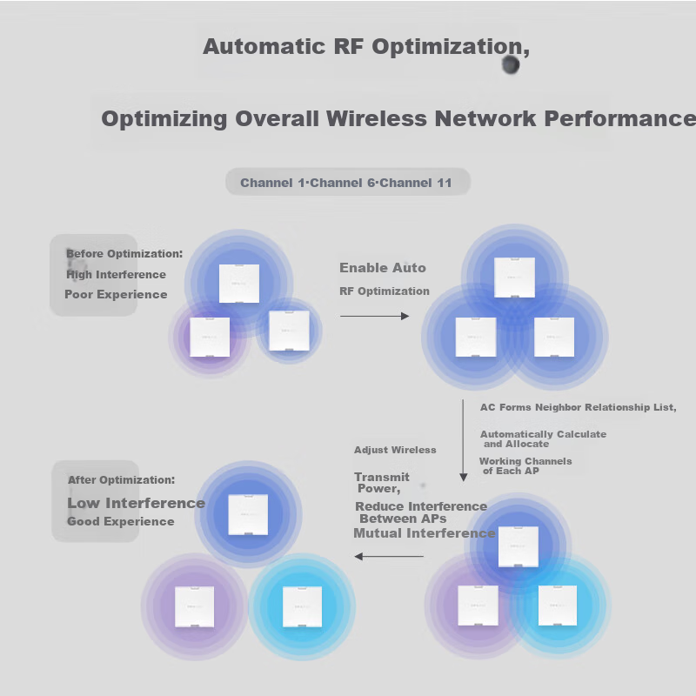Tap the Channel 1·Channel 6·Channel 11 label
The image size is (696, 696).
tap(346, 183)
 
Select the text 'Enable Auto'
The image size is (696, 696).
tap(383, 268)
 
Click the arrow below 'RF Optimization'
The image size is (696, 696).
tap(374, 316)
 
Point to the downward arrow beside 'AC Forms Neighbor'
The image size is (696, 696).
tap(464, 438)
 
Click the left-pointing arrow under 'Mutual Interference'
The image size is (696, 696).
tap(389, 556)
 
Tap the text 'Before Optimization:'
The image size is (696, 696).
tap(124, 254)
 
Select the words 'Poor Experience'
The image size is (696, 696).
tap(116, 295)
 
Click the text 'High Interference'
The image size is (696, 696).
tap(116, 275)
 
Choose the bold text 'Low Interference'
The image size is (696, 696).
tap(136, 503)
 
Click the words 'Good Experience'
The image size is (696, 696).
tap(121, 522)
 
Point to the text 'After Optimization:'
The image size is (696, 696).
tap(121, 480)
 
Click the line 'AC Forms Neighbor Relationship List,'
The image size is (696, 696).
tap(579, 407)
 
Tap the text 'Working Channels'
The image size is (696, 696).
tap(525, 461)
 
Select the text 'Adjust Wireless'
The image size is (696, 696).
tap(395, 450)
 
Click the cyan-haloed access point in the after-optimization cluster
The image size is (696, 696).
tap(302, 606)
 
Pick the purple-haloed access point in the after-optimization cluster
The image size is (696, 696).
tap(194, 606)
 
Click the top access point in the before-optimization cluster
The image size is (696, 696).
tap(239, 283)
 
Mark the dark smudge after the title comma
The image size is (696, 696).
tap(511, 65)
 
